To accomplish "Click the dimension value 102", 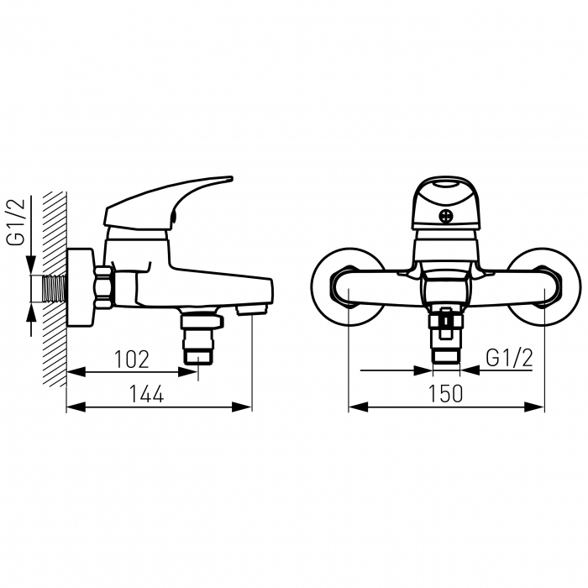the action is (132, 360).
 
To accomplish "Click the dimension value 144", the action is (146, 394).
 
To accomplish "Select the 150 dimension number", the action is (445, 394).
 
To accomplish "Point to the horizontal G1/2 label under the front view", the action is (509, 358).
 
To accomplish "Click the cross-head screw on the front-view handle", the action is (446, 217).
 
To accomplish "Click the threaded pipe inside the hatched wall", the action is (55, 288).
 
